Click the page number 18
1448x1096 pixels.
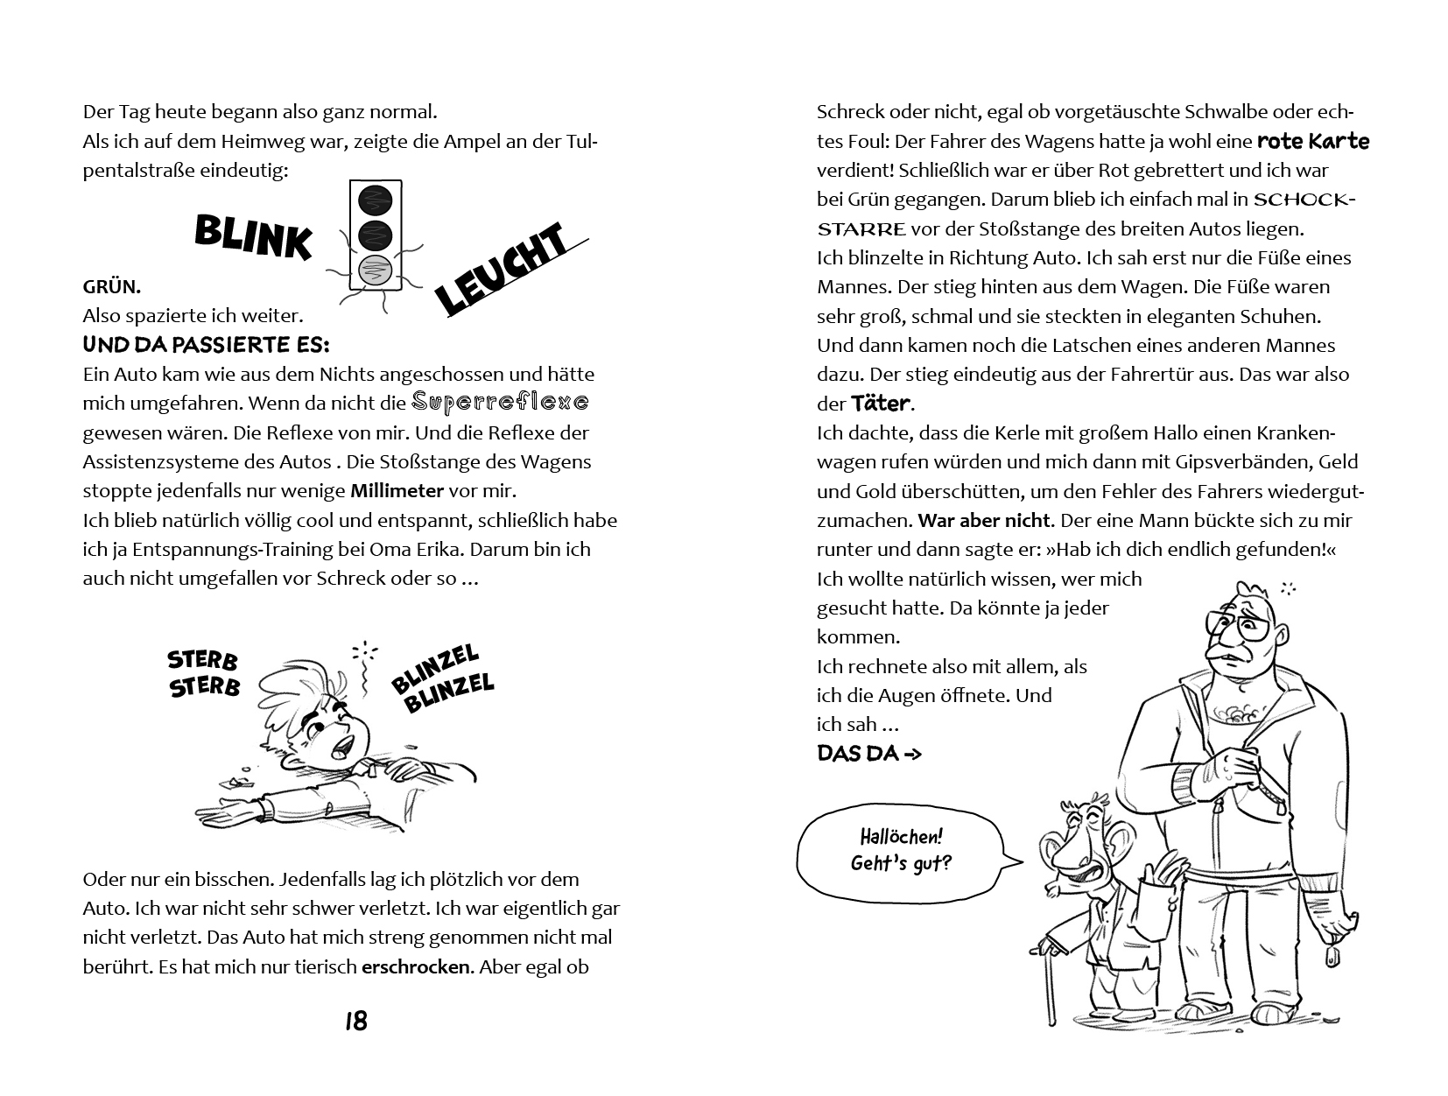(355, 1021)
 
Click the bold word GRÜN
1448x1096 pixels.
(111, 287)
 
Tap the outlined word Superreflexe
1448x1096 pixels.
(500, 403)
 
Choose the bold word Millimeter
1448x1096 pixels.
(397, 491)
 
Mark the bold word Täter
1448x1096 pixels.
(881, 404)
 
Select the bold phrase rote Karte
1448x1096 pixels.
(1312, 141)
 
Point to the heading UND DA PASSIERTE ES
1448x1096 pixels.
(206, 345)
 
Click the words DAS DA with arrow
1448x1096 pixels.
(868, 754)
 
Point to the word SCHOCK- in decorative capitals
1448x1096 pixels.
(1304, 200)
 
